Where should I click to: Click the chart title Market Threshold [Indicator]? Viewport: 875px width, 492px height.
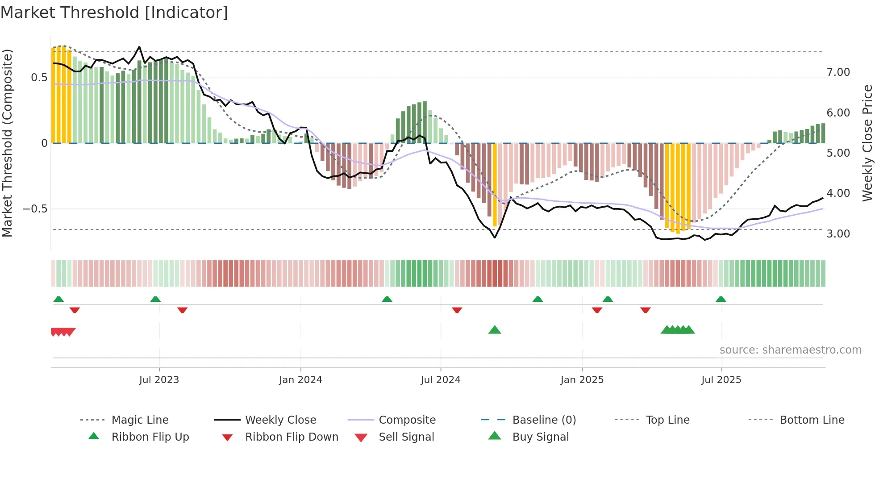pos(114,13)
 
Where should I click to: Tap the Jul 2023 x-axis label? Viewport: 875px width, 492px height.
pos(159,380)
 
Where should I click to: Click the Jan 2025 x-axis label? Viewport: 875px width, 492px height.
pos(582,380)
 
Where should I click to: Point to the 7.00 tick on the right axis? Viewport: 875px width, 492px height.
pos(838,72)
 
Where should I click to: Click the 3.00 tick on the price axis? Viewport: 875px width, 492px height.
pos(838,234)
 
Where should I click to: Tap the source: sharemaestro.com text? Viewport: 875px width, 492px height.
pos(790,350)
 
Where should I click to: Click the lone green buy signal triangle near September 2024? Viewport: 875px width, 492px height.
pos(495,330)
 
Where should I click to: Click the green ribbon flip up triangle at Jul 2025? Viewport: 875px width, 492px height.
pos(721,299)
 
